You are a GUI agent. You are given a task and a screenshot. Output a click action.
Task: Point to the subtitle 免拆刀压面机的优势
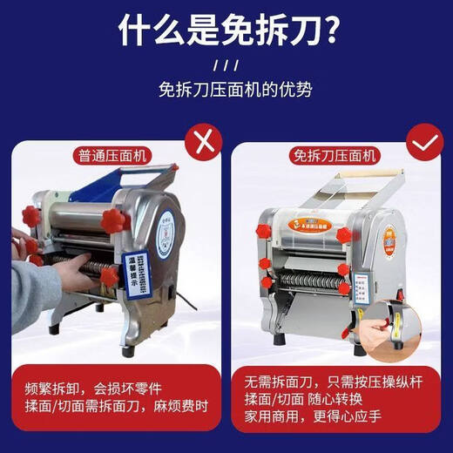[226, 89]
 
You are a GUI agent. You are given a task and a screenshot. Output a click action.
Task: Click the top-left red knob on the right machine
[264, 230]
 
